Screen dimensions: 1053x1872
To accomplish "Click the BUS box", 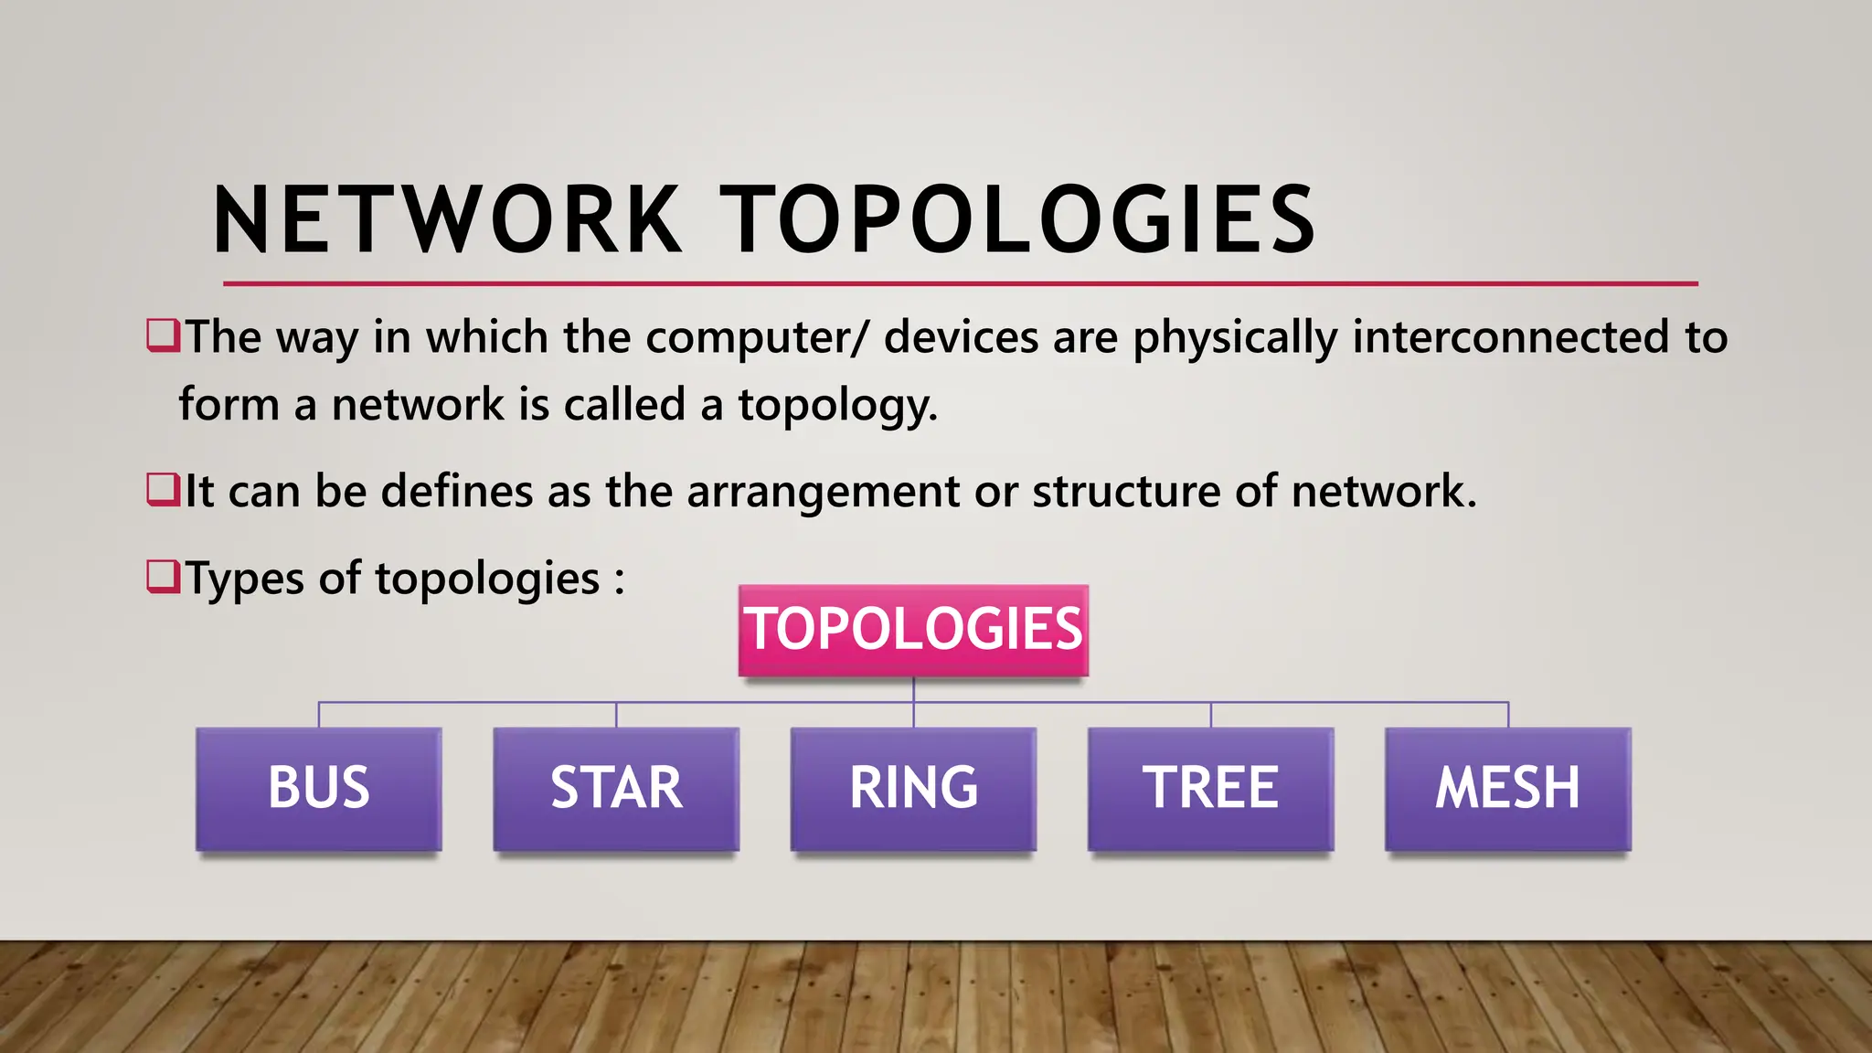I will click(x=318, y=789).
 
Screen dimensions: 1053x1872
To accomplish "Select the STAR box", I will click(x=616, y=789).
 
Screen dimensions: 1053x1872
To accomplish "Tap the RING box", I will click(x=913, y=789).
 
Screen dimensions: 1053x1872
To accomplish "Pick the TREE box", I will click(x=1210, y=789).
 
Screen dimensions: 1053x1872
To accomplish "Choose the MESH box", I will click(x=1507, y=789).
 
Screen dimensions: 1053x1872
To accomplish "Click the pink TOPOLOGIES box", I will click(x=913, y=630).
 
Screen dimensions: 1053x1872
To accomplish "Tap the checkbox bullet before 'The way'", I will click(x=163, y=335).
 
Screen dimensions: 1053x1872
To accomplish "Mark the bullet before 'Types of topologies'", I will click(x=163, y=577).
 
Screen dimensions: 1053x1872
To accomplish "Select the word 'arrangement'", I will click(x=823, y=494).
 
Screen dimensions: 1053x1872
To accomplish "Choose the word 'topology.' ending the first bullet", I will click(x=837, y=406).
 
